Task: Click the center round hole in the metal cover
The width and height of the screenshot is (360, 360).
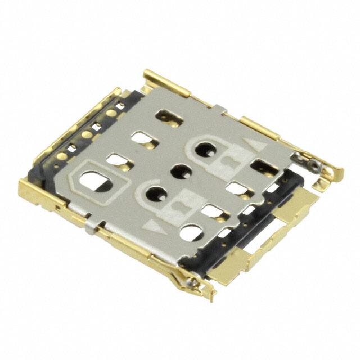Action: click(182, 170)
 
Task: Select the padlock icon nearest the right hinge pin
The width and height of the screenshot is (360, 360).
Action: click(228, 161)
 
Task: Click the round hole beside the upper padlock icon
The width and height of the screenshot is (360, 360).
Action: click(204, 150)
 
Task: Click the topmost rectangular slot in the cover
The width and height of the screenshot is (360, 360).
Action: click(168, 116)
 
